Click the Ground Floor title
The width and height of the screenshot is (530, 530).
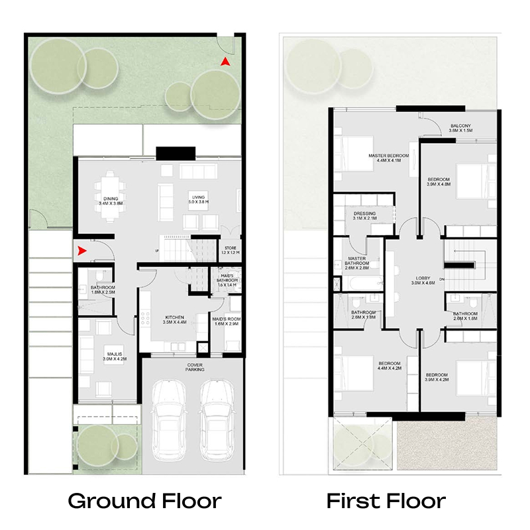(x=144, y=500)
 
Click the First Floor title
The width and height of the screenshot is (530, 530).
(x=386, y=500)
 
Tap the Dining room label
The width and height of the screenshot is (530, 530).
(x=111, y=201)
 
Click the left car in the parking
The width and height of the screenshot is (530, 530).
(x=169, y=417)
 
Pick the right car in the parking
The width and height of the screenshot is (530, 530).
(x=217, y=417)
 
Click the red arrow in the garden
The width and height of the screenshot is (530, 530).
(x=225, y=61)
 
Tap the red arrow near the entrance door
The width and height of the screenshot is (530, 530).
(x=82, y=250)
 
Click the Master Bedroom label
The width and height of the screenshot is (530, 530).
(x=388, y=158)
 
